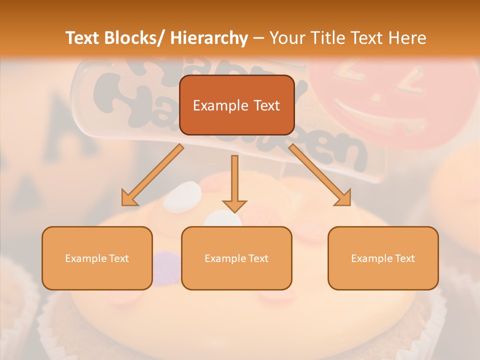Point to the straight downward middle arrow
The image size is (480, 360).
coord(234,180)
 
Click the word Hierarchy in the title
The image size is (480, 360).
coord(208,38)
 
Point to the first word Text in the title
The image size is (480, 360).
coord(84,38)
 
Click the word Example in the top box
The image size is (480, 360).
coord(220,105)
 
